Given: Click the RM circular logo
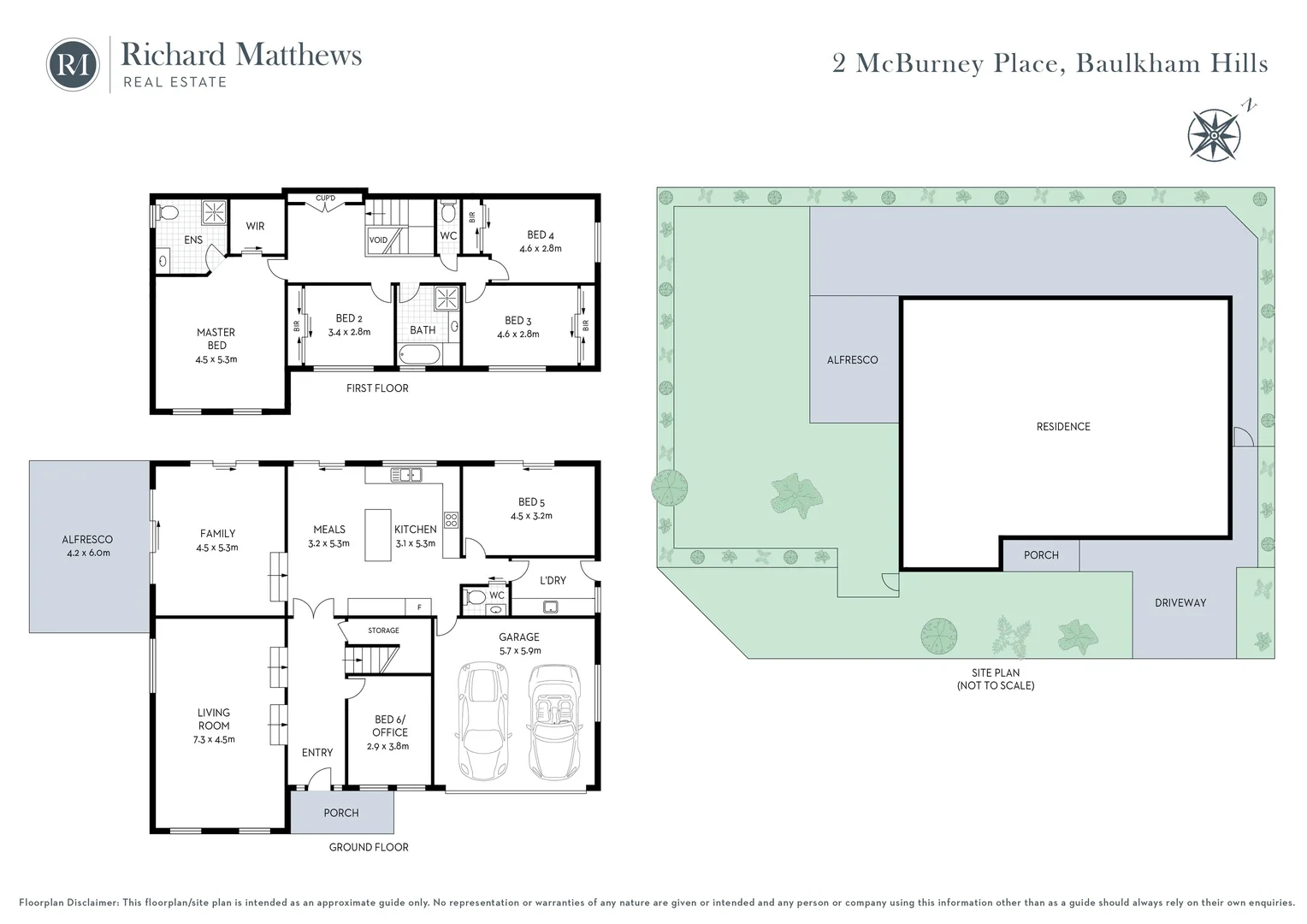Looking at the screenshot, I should pyautogui.click(x=73, y=64).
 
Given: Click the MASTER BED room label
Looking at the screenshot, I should pyautogui.click(x=216, y=339).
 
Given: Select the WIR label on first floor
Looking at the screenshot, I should pyautogui.click(x=255, y=227).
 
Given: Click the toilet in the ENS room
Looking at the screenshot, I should pyautogui.click(x=168, y=212).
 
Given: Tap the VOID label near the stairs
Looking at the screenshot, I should pyautogui.click(x=378, y=240).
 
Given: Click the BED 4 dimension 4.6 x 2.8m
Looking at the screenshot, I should pyautogui.click(x=541, y=249).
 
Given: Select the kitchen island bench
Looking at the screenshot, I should pyautogui.click(x=377, y=535).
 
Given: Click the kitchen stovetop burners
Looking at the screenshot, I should pyautogui.click(x=451, y=518).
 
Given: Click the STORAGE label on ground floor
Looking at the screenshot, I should pyautogui.click(x=383, y=631).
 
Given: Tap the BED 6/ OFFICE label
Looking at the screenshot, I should pyautogui.click(x=390, y=726).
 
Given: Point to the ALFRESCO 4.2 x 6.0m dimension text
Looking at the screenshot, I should pyautogui.click(x=86, y=553).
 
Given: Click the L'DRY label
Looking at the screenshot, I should pyautogui.click(x=553, y=580).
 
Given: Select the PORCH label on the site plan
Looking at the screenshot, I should pyautogui.click(x=1041, y=555).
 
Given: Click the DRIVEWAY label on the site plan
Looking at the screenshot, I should pyautogui.click(x=1180, y=603).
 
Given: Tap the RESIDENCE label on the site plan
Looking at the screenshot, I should pyautogui.click(x=1063, y=426).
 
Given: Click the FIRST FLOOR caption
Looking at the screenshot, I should pyautogui.click(x=377, y=388).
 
